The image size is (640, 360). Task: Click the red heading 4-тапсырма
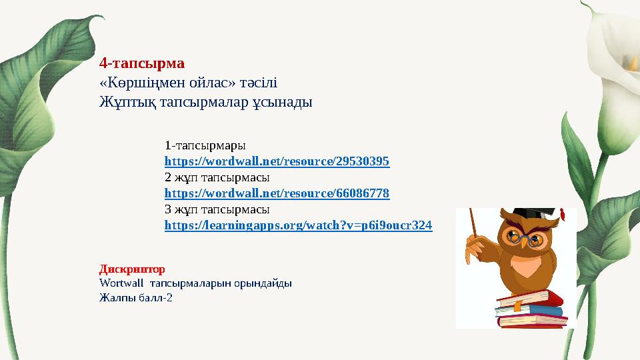(141, 65)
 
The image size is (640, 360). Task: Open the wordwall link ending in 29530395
(277, 161)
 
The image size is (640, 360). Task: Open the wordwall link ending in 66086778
(277, 193)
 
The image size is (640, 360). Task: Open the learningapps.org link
(298, 225)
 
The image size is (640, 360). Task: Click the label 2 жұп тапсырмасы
(217, 177)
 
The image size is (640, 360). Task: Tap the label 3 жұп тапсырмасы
(217, 209)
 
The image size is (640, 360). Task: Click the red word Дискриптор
(131, 269)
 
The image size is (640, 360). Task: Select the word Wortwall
(120, 283)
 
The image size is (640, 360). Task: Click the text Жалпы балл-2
(135, 297)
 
